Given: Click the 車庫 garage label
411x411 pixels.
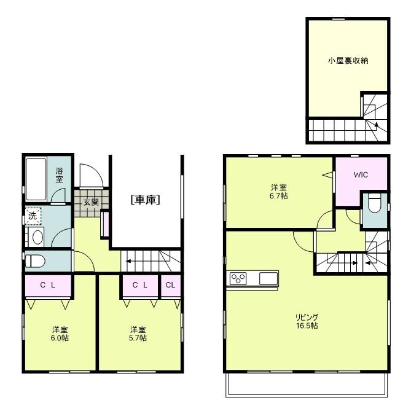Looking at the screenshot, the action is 145,200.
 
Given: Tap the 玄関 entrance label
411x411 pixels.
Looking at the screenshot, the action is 91,202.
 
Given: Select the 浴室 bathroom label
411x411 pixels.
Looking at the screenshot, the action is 59,175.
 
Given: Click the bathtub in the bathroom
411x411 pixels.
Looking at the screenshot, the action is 36,179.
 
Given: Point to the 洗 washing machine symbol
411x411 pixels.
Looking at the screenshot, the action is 33,216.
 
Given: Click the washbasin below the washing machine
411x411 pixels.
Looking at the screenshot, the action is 36,237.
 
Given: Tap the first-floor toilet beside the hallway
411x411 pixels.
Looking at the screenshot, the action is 35,261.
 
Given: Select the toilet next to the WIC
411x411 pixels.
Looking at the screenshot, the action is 374,203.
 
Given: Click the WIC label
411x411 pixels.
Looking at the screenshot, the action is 361,174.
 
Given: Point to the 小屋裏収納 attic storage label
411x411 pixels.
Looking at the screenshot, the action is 348,61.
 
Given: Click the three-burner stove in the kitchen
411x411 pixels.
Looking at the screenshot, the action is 238,278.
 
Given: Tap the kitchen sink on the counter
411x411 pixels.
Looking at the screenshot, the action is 268,278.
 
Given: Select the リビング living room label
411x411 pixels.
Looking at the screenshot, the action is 307,317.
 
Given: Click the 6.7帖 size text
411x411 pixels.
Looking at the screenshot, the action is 279,196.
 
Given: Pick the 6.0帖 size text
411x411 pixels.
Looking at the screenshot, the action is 60,338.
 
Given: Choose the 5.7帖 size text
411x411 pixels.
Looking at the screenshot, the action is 138,338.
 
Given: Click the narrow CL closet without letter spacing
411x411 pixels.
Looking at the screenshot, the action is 170,285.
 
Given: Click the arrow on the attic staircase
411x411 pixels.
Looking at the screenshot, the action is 377,126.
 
